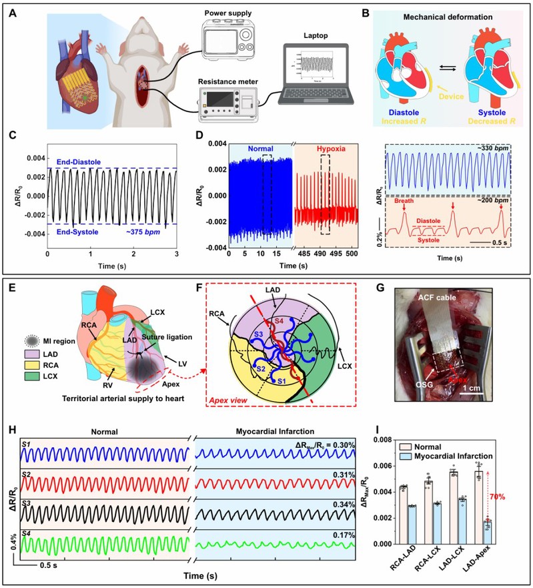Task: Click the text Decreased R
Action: pos(483,122)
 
